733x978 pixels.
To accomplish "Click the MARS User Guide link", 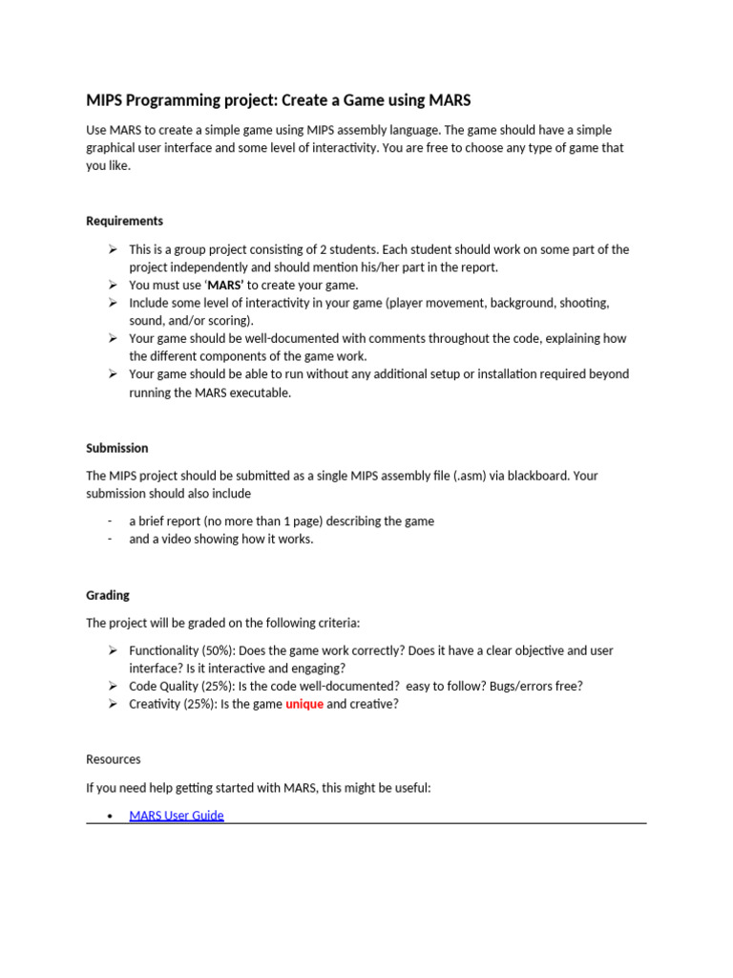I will pyautogui.click(x=177, y=815).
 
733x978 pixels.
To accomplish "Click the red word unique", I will pyautogui.click(x=304, y=704).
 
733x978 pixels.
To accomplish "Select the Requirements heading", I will pyautogui.click(x=124, y=221).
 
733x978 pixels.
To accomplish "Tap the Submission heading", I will pyautogui.click(x=117, y=448).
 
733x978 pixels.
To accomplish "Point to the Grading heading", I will pyautogui.click(x=108, y=595).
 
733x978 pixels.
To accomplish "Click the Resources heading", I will pyautogui.click(x=113, y=759).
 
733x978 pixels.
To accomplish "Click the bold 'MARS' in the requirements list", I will pyautogui.click(x=225, y=285).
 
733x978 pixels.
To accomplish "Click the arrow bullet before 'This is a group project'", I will pyautogui.click(x=112, y=249).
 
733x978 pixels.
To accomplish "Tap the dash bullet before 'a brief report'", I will pyautogui.click(x=110, y=521).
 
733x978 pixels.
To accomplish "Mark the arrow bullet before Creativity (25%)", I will pyautogui.click(x=112, y=704).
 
